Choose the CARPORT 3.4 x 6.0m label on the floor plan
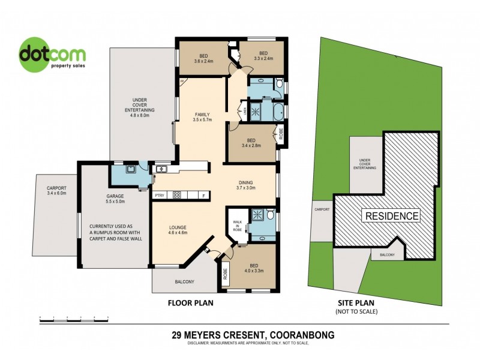click(x=56, y=191)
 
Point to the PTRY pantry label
click(x=160, y=195)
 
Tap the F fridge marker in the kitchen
click(x=203, y=195)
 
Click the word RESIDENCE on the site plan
click(x=389, y=215)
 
